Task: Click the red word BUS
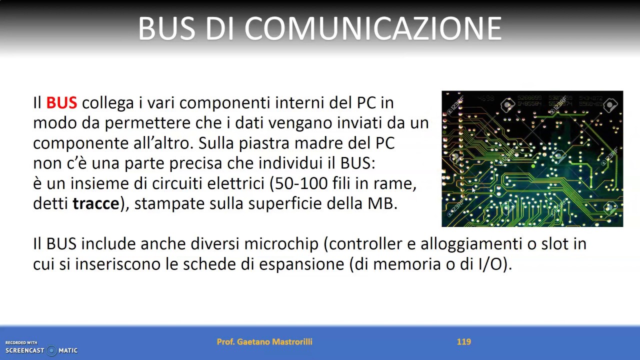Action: [61, 103]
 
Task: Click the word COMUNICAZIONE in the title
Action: [372, 28]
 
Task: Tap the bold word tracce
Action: [96, 204]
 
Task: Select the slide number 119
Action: [463, 342]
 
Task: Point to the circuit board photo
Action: [532, 158]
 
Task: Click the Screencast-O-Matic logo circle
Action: [51, 350]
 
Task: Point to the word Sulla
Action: [216, 143]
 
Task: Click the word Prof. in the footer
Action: [225, 342]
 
